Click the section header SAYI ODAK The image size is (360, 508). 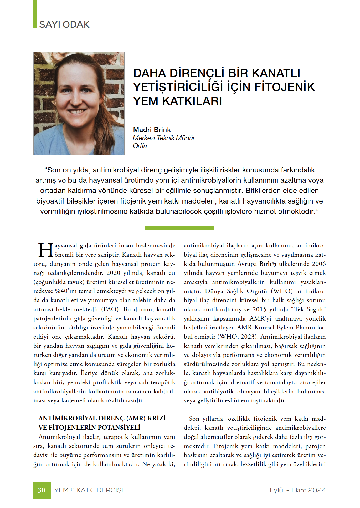point(64,24)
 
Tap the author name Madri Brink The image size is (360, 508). point(152,130)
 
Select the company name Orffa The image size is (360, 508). point(140,146)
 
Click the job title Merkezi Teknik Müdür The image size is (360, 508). point(164,138)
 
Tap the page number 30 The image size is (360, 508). point(42,490)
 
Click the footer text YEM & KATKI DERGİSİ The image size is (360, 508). point(89,490)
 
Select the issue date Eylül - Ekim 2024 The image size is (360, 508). point(298,490)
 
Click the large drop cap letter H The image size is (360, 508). point(46,250)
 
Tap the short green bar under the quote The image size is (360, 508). point(179,228)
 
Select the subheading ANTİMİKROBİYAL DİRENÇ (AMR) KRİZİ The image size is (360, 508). point(102,418)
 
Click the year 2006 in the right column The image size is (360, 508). point(319,264)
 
